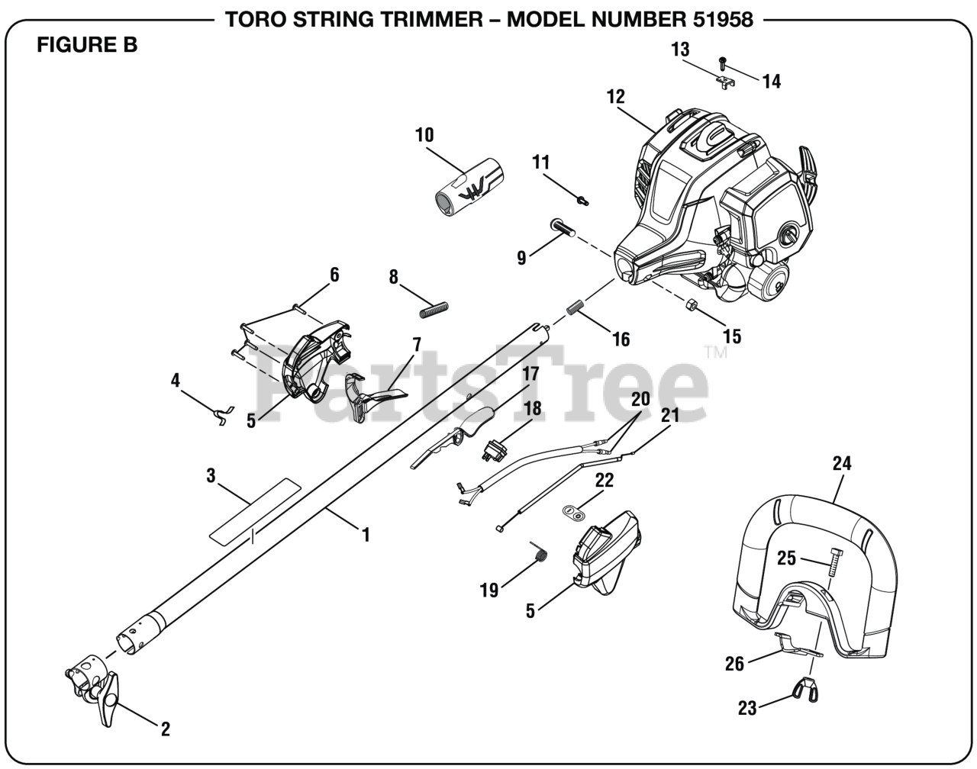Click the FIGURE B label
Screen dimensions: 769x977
(x=87, y=45)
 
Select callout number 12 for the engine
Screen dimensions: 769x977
(x=615, y=97)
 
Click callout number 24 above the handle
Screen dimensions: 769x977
(x=842, y=463)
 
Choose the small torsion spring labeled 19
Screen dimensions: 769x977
(x=539, y=553)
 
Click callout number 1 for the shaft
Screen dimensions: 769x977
(x=366, y=535)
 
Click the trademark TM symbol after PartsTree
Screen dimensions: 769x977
(x=715, y=352)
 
